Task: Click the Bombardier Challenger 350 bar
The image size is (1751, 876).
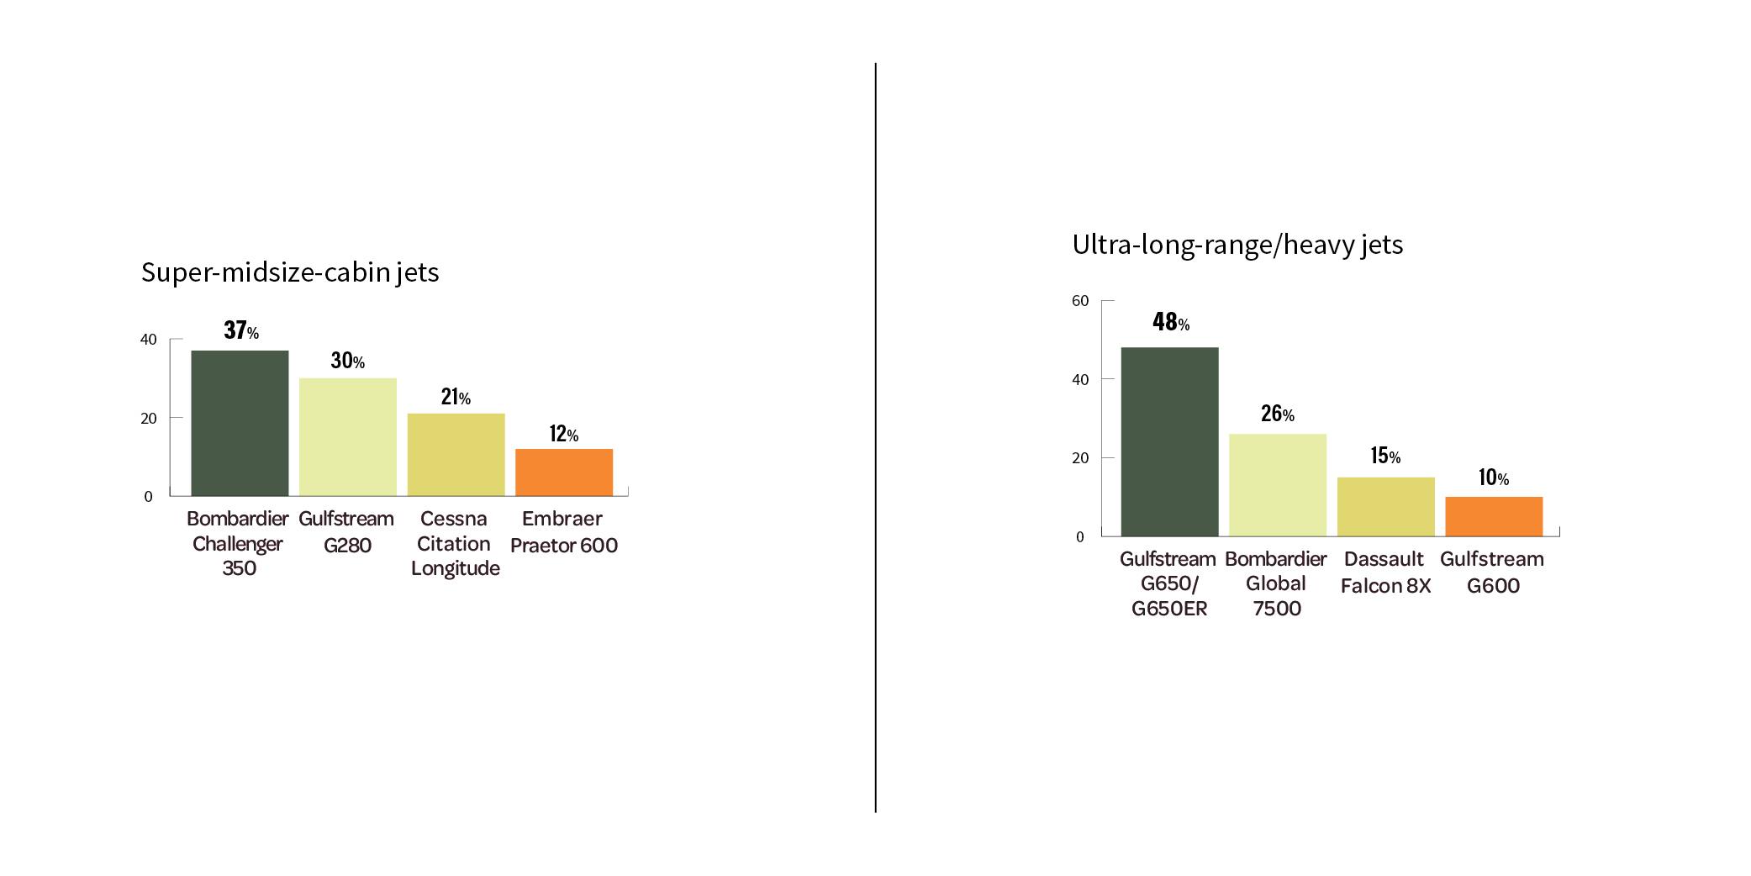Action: (240, 423)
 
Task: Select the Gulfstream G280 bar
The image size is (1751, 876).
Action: (348, 437)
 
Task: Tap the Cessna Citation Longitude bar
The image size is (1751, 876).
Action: (456, 455)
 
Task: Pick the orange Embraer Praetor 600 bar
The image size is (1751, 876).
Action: (564, 472)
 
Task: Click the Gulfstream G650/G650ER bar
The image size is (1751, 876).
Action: (1169, 441)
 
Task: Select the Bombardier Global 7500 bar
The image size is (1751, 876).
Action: (1278, 485)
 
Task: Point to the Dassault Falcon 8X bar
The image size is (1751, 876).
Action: (1385, 507)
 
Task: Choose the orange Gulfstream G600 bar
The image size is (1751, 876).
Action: (1494, 516)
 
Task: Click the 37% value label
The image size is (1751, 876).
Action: (241, 331)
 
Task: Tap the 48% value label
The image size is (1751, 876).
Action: (1171, 323)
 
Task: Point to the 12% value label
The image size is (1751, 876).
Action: (564, 435)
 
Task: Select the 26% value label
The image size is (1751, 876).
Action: (1278, 414)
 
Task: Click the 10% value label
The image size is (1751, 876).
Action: (1494, 478)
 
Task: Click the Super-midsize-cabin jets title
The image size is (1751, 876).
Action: (290, 272)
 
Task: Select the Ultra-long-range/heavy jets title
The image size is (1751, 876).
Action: (1237, 245)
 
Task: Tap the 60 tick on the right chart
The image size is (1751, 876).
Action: (1080, 301)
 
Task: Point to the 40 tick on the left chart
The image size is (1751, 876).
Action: (149, 340)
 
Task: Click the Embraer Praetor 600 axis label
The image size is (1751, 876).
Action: (563, 532)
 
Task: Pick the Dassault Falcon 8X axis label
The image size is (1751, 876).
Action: (1385, 573)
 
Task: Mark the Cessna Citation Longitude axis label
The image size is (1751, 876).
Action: (455, 544)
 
